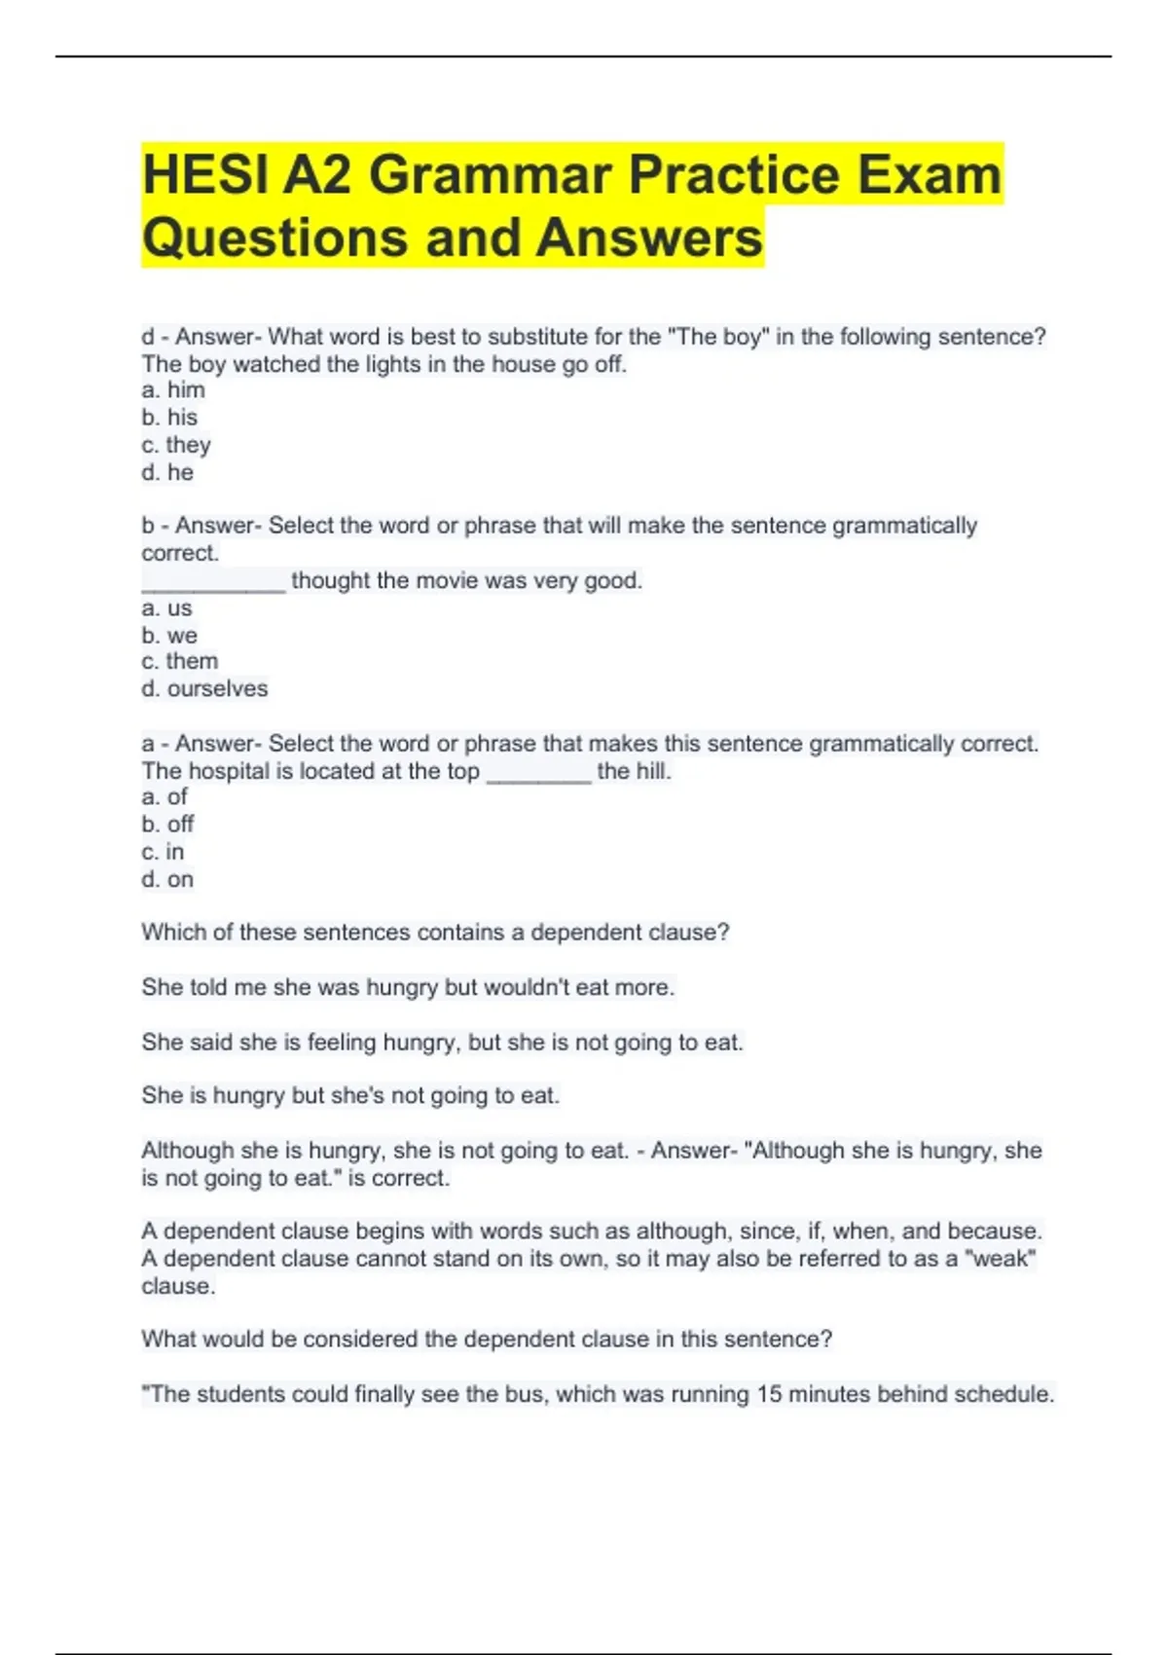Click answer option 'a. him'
(x=173, y=390)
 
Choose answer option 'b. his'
(x=169, y=418)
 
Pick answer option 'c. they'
(x=176, y=445)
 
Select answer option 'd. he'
(x=167, y=473)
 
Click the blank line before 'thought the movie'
(x=213, y=582)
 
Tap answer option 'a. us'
(x=166, y=608)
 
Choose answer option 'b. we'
(x=169, y=636)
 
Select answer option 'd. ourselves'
(x=204, y=689)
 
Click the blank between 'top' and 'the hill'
(x=538, y=773)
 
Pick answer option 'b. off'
(x=167, y=825)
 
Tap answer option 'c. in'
(x=163, y=852)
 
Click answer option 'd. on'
(x=167, y=880)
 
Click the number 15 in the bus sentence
(x=769, y=1394)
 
